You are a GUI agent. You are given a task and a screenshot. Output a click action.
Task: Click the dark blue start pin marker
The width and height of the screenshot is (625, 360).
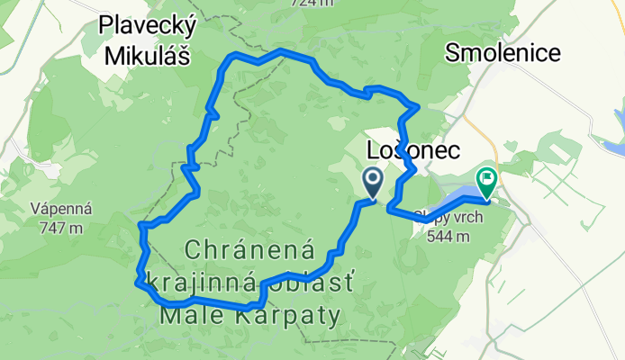(x=373, y=182)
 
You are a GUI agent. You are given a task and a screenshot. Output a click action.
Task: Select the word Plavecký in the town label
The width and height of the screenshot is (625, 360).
(x=149, y=28)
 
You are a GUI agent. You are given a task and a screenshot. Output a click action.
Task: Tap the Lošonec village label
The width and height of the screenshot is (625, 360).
(x=414, y=148)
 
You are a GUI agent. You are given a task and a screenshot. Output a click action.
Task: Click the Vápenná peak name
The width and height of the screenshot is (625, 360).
(x=62, y=208)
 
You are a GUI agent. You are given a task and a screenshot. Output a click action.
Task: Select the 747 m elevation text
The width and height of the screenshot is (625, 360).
(x=62, y=228)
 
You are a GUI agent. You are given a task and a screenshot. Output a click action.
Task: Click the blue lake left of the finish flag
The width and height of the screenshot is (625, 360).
(x=456, y=197)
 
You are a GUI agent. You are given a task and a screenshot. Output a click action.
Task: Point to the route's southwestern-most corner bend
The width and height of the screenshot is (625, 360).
(x=137, y=283)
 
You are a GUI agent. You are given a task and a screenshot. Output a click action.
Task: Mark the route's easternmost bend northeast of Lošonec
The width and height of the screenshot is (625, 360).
(x=417, y=108)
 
